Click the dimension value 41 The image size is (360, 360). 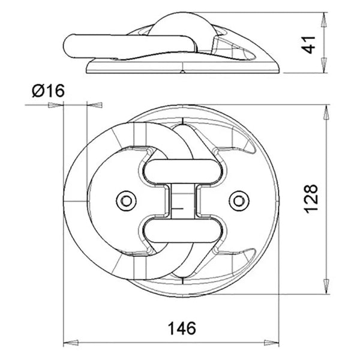310,44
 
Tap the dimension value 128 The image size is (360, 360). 310,197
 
